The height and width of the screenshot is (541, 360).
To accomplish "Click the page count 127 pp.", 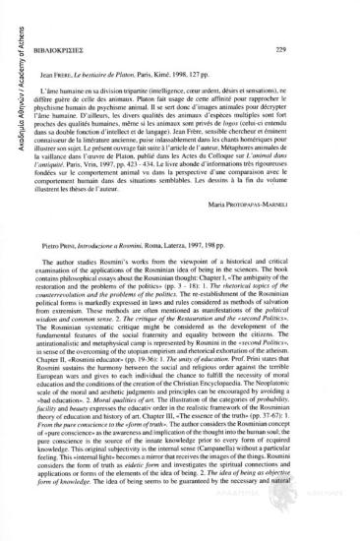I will [270, 72].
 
